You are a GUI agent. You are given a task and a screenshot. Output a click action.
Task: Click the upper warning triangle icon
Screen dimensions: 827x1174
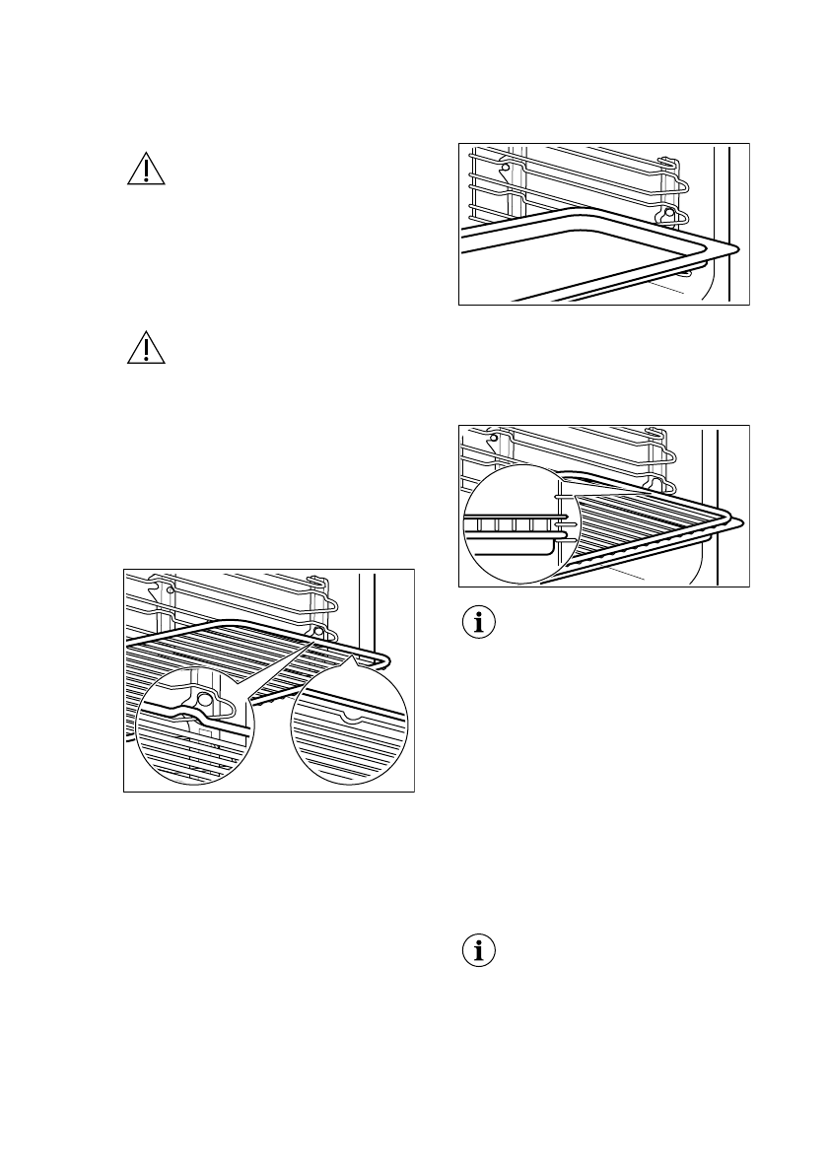click(x=146, y=170)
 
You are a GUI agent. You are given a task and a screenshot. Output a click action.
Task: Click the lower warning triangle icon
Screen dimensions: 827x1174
click(x=146, y=348)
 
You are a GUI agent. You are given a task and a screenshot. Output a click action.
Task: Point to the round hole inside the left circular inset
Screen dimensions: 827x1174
click(x=205, y=699)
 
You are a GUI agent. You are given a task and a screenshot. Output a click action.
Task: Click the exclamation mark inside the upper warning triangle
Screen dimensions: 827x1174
click(x=146, y=173)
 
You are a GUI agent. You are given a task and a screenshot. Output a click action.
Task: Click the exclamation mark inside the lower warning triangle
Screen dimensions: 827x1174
click(x=146, y=351)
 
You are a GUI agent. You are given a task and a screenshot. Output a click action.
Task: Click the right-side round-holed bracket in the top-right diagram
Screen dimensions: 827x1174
click(x=669, y=213)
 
